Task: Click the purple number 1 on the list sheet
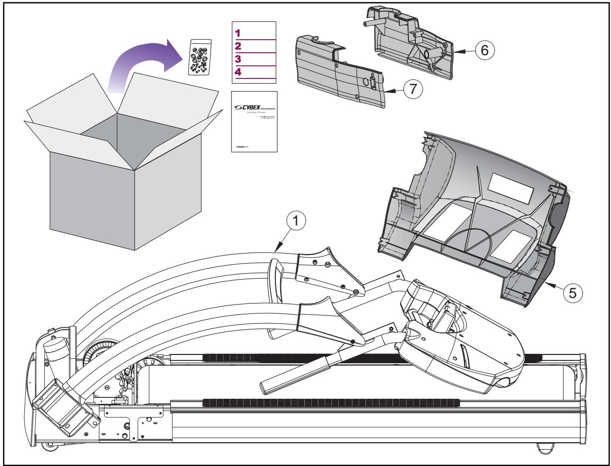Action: pyautogui.click(x=238, y=33)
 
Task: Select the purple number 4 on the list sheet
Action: pyautogui.click(x=238, y=72)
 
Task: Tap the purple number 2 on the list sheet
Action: pyautogui.click(x=238, y=46)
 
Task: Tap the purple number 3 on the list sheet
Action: pyautogui.click(x=238, y=59)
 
